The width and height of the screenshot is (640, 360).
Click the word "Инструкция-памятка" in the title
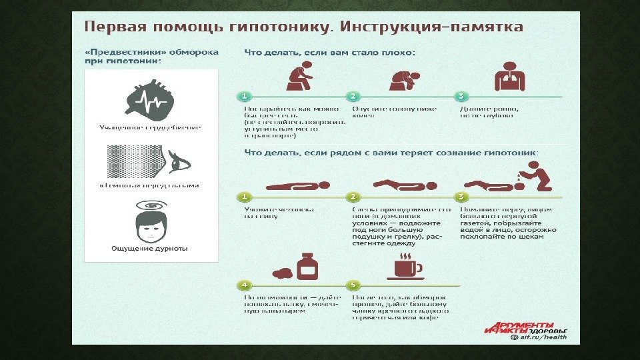coord(431,27)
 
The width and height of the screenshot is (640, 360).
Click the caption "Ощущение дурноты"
coord(149,249)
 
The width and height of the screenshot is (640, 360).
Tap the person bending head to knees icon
coord(405,79)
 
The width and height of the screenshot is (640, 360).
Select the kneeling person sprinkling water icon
coord(513,178)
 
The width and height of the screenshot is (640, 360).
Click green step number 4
coord(245,285)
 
